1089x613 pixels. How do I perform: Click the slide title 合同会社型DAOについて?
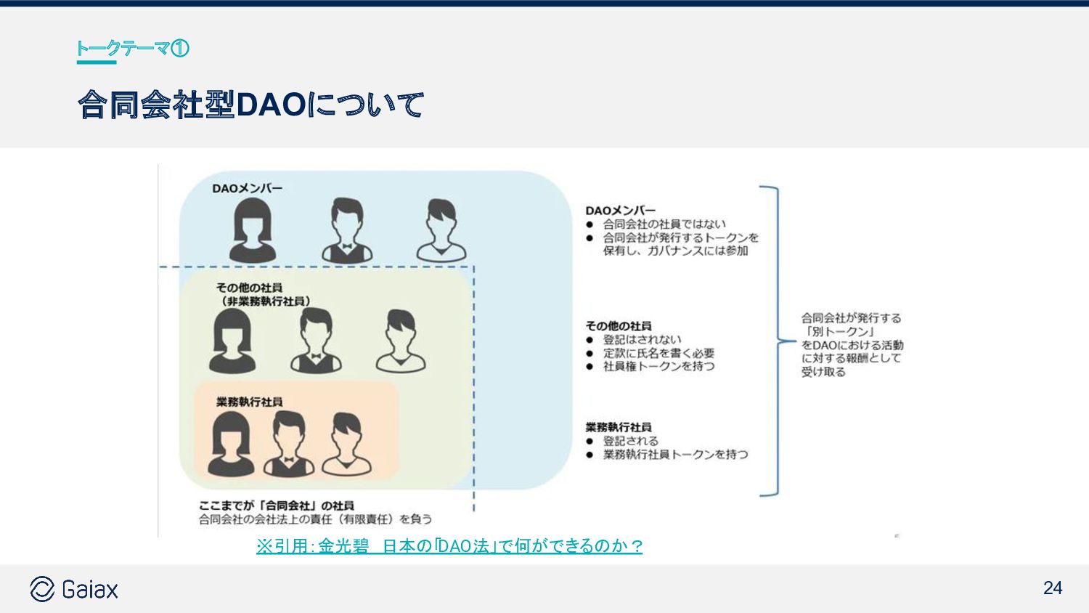coord(250,105)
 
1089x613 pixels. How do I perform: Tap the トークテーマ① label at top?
coord(132,49)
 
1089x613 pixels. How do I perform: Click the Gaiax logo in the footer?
coord(74,589)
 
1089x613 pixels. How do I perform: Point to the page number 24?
coord(1052,588)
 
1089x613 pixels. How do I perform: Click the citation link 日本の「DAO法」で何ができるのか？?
coord(512,546)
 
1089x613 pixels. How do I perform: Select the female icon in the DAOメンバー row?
coord(253,230)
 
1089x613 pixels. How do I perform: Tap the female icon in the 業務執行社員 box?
coord(231,444)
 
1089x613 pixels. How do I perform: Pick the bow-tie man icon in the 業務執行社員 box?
coord(289,444)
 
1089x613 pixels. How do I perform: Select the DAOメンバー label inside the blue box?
coord(247,189)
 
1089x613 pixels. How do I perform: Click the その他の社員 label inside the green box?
coord(249,288)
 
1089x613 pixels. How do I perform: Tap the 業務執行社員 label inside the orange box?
coord(249,402)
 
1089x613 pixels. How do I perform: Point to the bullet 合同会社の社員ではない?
coord(664,224)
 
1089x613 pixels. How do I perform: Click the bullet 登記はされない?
coord(642,340)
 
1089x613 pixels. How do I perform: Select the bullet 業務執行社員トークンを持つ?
coord(675,455)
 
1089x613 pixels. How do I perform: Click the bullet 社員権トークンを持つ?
coord(658,367)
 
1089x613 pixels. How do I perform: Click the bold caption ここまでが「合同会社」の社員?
coord(277,506)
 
